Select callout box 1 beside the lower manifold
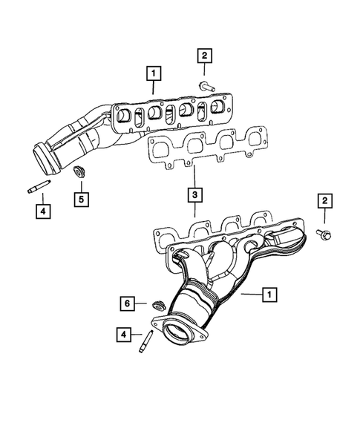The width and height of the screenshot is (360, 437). (x=269, y=295)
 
